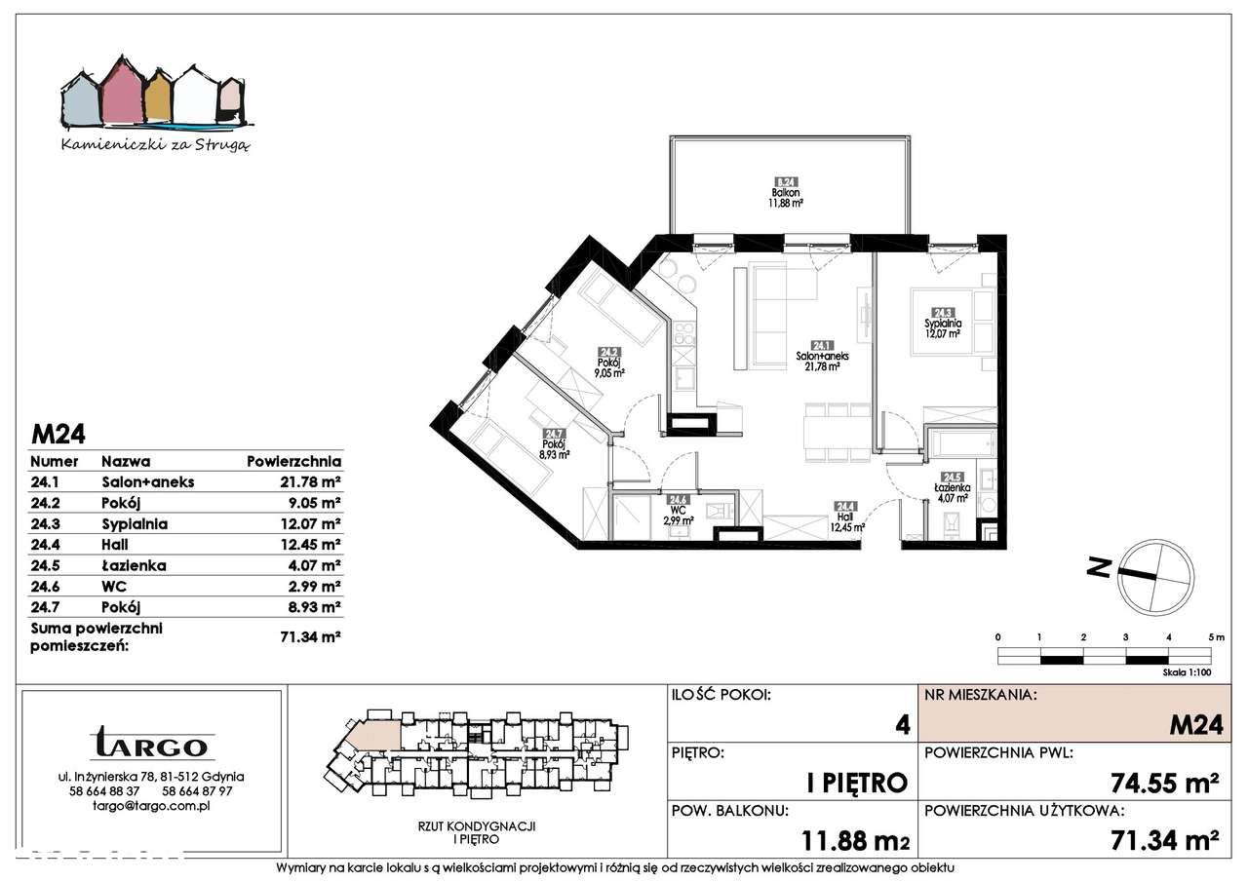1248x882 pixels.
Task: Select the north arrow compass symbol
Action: click(x=1155, y=575)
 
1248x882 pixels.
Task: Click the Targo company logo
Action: click(x=151, y=745)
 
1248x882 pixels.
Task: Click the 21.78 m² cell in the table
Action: click(x=309, y=482)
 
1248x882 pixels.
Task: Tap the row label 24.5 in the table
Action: click(x=46, y=565)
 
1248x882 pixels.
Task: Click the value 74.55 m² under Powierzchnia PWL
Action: click(x=1166, y=783)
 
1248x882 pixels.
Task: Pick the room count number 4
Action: click(x=903, y=724)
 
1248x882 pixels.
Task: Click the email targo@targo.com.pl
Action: click(x=151, y=806)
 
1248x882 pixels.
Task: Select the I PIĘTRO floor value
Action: click(x=858, y=782)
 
